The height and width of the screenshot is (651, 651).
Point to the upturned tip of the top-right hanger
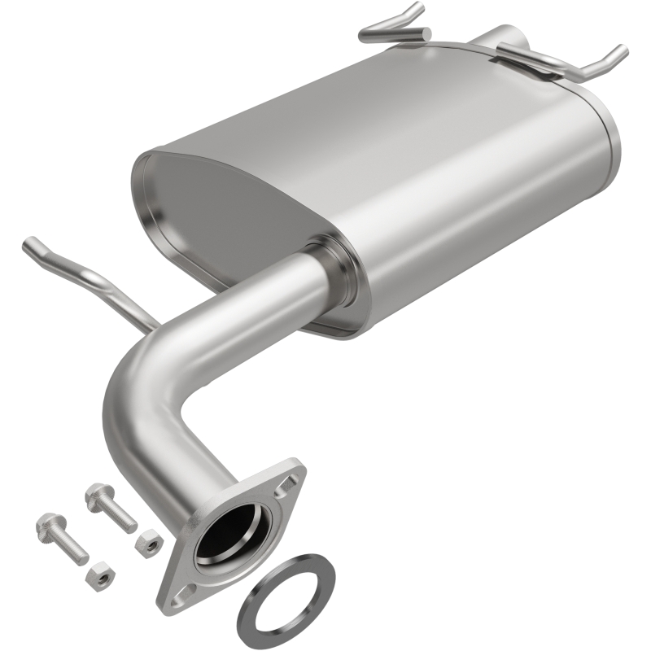coord(622,52)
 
